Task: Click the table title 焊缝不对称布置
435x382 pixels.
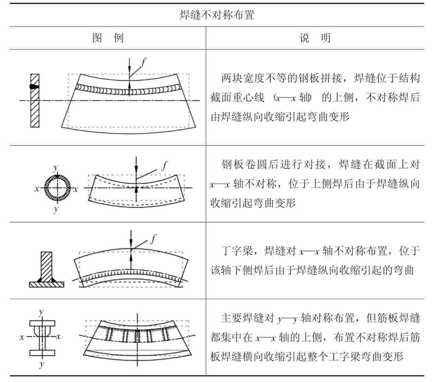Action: point(217,15)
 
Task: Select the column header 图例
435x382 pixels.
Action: point(108,38)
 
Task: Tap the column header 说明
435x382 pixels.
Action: point(314,38)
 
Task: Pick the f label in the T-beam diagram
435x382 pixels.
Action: point(153,240)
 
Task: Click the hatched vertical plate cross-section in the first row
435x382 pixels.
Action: point(35,100)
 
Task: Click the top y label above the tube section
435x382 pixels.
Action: point(56,168)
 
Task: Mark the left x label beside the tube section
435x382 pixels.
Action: point(37,189)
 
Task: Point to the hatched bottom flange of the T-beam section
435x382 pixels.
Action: point(46,284)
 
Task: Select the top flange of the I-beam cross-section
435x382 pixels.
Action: point(42,323)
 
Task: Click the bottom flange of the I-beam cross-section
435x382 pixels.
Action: point(42,353)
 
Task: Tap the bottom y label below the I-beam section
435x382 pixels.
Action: point(41,364)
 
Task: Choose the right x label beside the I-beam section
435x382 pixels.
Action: point(58,336)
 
